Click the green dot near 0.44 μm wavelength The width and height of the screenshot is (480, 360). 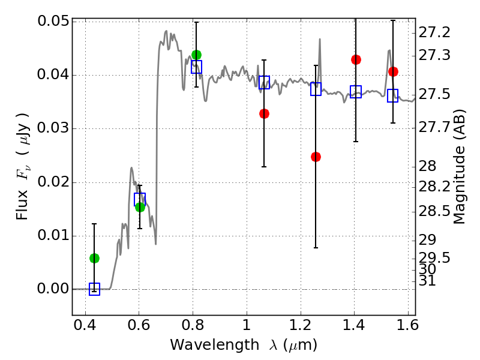94,259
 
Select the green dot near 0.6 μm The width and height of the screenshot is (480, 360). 140,207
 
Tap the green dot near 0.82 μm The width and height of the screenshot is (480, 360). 197,55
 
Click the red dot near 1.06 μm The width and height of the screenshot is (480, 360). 264,114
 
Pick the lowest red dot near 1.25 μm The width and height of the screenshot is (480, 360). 316,157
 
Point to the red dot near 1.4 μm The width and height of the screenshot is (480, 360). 356,59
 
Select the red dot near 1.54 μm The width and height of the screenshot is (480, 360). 393,71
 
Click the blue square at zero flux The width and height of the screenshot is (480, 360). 94,289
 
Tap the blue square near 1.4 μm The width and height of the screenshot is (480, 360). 356,92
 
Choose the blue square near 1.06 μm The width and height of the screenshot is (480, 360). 264,82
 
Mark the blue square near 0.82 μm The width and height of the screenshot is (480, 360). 197,67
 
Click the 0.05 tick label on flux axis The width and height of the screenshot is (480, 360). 53,22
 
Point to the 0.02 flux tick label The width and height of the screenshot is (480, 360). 53,182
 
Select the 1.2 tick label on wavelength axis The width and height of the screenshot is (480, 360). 301,325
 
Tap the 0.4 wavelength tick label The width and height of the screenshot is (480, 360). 85,325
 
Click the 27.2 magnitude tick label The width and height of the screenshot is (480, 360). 434,32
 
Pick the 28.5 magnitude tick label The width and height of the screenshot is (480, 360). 434,211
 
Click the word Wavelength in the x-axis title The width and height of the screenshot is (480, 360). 215,345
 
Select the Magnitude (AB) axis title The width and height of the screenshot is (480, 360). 458,167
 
